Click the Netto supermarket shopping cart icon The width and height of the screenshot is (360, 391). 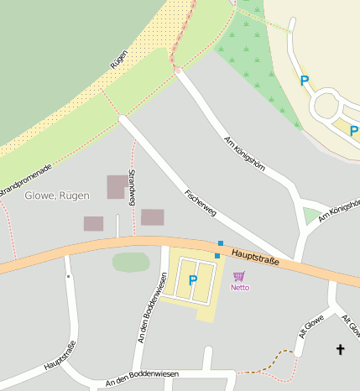(239, 276)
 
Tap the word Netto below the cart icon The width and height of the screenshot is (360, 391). (240, 287)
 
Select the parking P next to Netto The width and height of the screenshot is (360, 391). (192, 280)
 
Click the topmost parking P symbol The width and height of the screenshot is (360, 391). (305, 81)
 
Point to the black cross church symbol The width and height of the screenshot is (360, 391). (340, 349)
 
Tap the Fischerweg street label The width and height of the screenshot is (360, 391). (201, 201)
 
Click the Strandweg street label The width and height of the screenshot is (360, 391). (131, 188)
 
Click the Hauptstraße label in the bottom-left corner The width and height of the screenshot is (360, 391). (60, 356)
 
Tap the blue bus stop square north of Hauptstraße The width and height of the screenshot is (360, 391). (221, 243)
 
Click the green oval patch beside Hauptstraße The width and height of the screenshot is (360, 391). (130, 263)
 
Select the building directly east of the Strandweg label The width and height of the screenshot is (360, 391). (152, 217)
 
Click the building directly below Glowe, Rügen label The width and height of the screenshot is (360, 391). (93, 223)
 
